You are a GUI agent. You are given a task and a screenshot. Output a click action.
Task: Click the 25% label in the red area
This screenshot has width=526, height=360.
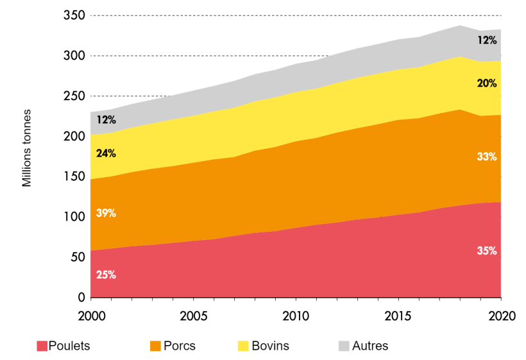click(x=106, y=275)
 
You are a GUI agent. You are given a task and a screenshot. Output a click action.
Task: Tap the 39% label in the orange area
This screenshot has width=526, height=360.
click(x=106, y=213)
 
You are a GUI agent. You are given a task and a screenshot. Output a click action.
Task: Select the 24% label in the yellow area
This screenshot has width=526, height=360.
click(x=106, y=153)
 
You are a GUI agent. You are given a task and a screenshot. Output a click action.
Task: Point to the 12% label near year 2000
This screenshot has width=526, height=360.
click(x=106, y=119)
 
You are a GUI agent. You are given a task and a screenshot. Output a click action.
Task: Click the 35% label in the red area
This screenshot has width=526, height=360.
click(x=487, y=251)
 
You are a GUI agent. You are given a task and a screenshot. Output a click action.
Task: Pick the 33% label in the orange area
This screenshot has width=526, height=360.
click(x=487, y=156)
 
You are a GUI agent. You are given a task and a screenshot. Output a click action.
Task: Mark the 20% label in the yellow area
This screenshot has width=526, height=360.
click(x=487, y=83)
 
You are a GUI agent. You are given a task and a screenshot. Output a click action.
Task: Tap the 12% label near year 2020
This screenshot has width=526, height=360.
click(x=487, y=40)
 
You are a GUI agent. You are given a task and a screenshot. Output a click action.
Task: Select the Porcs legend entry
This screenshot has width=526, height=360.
click(x=173, y=346)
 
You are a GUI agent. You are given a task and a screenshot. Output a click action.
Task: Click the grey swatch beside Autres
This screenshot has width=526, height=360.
click(x=343, y=346)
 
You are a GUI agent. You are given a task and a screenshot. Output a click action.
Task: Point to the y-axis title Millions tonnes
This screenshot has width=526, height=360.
click(x=27, y=148)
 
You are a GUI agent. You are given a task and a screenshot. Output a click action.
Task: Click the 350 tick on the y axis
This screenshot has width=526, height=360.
click(x=75, y=15)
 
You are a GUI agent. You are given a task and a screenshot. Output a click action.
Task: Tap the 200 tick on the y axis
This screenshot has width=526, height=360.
click(x=75, y=136)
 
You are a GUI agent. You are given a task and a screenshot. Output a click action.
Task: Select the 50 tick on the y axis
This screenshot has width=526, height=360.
click(x=78, y=257)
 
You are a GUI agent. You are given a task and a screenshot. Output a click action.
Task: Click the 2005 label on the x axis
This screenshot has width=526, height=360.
click(x=192, y=316)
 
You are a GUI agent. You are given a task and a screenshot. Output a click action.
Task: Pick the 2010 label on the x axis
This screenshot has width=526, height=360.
click(x=295, y=316)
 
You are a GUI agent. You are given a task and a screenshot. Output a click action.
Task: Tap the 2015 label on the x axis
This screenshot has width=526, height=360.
click(x=398, y=316)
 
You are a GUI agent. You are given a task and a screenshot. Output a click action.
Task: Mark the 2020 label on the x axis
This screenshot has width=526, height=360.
click(x=500, y=316)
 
